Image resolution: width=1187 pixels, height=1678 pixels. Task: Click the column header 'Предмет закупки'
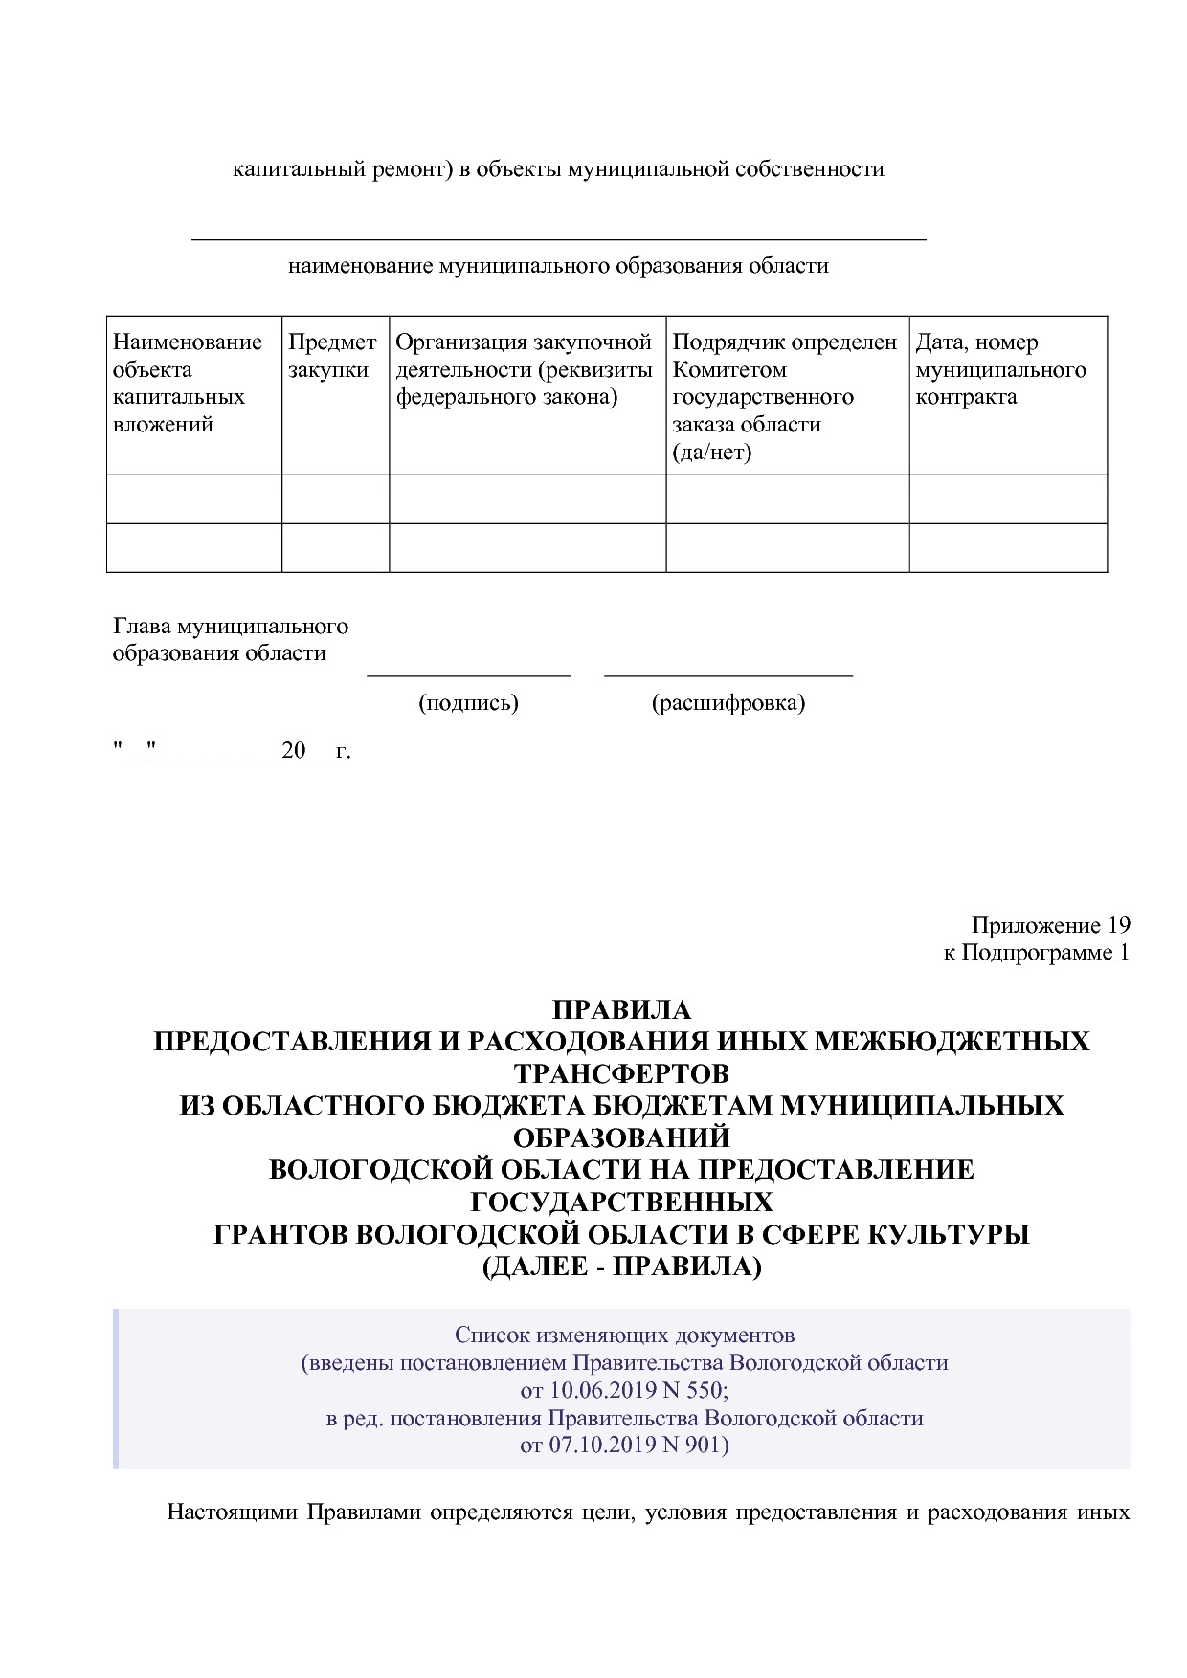point(332,356)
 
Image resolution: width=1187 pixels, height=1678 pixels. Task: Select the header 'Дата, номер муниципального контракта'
point(999,369)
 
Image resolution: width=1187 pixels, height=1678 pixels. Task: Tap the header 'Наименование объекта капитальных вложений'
point(188,383)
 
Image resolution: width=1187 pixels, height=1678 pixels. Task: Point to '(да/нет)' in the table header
point(711,452)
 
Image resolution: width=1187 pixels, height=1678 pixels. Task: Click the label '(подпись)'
point(468,703)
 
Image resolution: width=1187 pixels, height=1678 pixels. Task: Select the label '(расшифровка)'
point(728,703)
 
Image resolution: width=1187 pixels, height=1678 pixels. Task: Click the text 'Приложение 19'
point(1050,925)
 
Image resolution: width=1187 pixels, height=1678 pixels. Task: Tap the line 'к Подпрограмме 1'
point(1036,952)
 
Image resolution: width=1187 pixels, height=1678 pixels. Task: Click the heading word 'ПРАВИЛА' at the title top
point(621,1010)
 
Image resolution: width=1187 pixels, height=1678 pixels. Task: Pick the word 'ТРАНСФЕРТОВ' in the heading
point(621,1073)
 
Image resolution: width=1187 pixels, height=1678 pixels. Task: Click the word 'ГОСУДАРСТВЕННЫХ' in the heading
point(621,1202)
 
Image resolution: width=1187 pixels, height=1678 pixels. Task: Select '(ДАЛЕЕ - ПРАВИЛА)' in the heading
point(621,1267)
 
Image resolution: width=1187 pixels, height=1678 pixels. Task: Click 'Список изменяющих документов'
point(624,1335)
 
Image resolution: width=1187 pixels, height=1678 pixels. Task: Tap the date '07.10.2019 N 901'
point(636,1445)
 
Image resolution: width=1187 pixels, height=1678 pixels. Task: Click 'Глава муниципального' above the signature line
point(231,627)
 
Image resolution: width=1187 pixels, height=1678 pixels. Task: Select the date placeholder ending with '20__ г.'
point(232,751)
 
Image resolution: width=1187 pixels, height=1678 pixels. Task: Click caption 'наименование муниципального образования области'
point(558,266)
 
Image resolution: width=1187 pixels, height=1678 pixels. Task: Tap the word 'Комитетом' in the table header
point(729,369)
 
